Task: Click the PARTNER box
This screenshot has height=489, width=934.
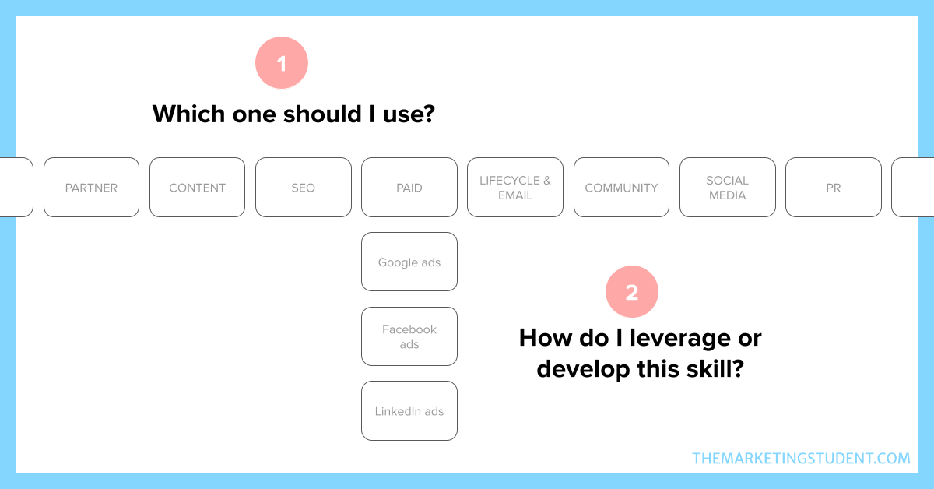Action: click(x=91, y=188)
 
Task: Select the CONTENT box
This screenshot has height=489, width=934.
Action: click(x=197, y=188)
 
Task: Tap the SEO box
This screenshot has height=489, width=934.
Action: click(x=303, y=188)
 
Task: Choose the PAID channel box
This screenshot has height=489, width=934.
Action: click(x=409, y=188)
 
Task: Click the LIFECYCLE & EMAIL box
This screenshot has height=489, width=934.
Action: click(x=515, y=188)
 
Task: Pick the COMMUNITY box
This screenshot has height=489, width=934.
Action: click(x=621, y=188)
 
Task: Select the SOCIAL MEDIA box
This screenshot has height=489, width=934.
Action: click(x=728, y=188)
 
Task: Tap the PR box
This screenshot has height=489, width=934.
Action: click(x=834, y=188)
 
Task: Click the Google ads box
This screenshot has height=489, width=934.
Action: click(x=409, y=262)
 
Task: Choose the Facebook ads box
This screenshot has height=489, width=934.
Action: click(x=409, y=336)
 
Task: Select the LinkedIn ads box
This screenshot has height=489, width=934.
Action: click(x=409, y=411)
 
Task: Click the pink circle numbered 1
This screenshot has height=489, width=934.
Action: click(x=282, y=62)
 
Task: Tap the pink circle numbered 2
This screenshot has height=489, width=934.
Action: click(x=632, y=292)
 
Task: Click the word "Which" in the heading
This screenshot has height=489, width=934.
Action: click(x=188, y=114)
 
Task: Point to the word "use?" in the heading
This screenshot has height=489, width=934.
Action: click(x=409, y=114)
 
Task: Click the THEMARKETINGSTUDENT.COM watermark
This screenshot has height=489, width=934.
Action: click(x=801, y=458)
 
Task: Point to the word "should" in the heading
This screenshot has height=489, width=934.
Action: click(x=322, y=114)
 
